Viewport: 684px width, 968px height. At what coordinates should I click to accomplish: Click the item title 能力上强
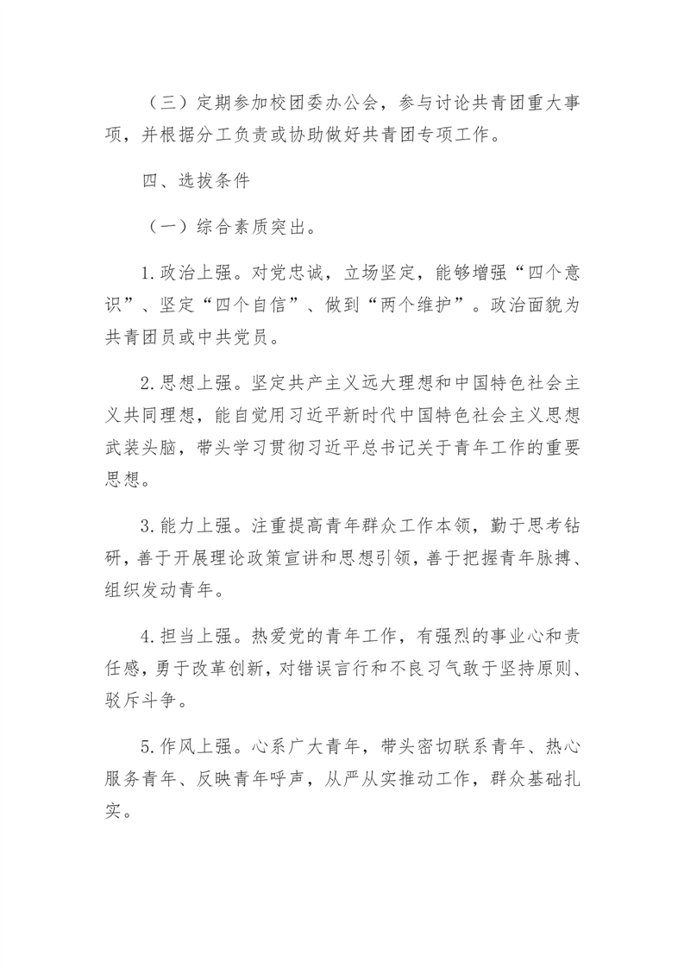click(195, 526)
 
